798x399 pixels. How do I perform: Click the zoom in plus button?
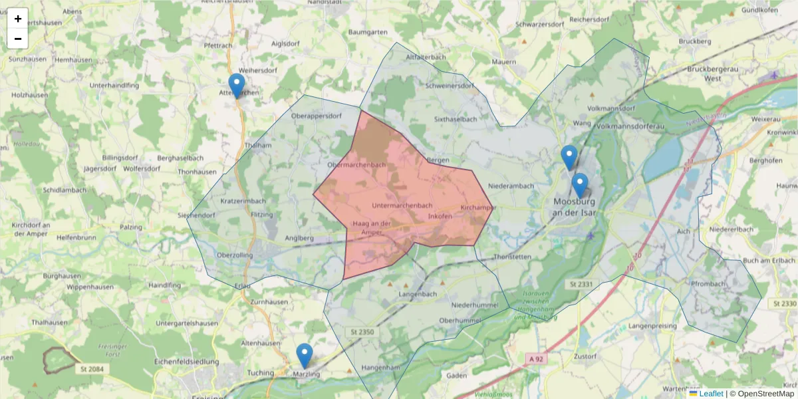click(x=18, y=19)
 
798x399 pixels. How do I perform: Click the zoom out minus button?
click(x=18, y=39)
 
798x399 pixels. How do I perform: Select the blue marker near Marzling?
click(x=305, y=356)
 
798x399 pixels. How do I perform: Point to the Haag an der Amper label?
click(x=372, y=227)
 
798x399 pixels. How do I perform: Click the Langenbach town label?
click(x=418, y=293)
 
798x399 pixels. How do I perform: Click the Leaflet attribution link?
click(x=711, y=394)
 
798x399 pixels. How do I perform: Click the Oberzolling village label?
click(x=235, y=255)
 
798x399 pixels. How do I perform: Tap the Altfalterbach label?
click(x=426, y=57)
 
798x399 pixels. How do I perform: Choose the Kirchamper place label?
click(x=478, y=208)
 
